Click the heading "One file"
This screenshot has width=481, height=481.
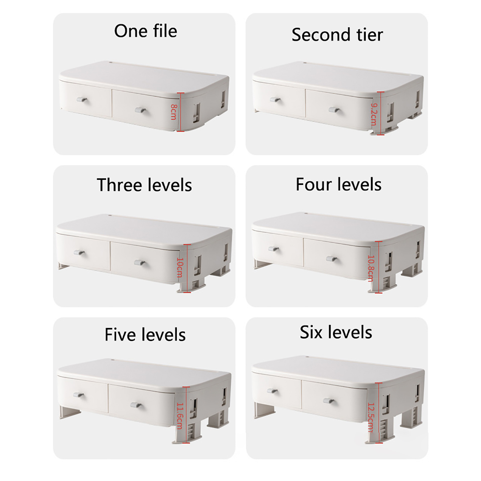point(146,31)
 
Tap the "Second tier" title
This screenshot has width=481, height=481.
point(337,35)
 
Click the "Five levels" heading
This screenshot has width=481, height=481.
point(145,335)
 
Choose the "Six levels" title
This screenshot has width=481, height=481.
point(336,332)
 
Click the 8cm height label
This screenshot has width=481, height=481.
point(173,112)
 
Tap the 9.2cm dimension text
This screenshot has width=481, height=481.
point(374,115)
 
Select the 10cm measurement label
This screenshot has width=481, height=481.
point(180,268)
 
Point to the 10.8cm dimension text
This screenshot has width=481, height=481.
point(371,268)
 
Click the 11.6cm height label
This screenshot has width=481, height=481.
point(179,416)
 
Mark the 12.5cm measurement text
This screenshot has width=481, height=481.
point(371,418)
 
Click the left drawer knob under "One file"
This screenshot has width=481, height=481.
point(82,100)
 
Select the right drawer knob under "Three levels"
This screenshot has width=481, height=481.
point(140,263)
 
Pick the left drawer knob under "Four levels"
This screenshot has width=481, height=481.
point(274,249)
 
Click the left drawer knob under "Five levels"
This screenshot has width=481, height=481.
point(78,394)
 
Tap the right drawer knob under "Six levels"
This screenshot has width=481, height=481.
point(329,401)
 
